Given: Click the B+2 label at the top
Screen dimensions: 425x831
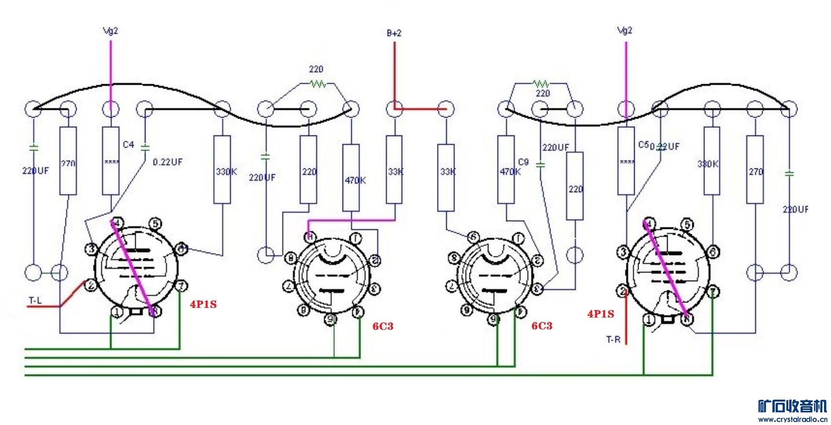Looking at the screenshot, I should coord(394,33).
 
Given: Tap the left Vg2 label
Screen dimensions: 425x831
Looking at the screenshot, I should coord(110,31).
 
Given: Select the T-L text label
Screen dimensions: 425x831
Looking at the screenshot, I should coord(35,300).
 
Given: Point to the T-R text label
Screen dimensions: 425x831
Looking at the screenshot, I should coord(613,339).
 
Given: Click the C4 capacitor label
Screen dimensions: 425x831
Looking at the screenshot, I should coord(128,144).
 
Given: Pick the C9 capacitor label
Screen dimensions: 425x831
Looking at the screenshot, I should coord(524,162).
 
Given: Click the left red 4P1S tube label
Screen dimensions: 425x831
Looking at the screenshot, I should coord(203,304).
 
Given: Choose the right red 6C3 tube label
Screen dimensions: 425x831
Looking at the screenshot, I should coord(542,326).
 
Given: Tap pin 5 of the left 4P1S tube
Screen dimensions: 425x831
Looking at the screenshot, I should coord(155,224).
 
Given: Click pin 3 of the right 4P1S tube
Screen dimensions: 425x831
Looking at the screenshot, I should coord(623,252).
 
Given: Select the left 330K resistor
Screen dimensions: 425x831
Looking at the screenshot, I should coord(222,169).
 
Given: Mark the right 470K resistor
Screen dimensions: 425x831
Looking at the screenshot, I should coord(506,169).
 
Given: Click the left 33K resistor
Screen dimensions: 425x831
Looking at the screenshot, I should coord(394,169).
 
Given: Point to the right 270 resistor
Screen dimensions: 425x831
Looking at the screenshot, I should coord(755,169).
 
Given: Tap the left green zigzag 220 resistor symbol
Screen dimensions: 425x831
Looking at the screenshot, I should coord(318,83).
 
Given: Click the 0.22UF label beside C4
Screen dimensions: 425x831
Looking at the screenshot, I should coord(167,162).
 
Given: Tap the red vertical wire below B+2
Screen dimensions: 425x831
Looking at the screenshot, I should coord(394,75).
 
